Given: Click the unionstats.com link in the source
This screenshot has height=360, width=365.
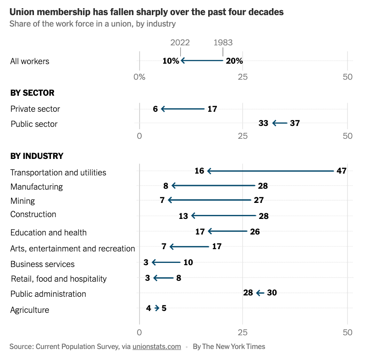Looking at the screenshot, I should (156, 347).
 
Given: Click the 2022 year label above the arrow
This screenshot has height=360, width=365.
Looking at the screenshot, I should (180, 43).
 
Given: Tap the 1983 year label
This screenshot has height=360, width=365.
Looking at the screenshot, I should (223, 43).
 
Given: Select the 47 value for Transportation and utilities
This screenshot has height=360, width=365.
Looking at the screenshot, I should (341, 171).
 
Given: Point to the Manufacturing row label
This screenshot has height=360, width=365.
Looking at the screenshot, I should (37, 187).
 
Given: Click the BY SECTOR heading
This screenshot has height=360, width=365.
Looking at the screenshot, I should (32, 93).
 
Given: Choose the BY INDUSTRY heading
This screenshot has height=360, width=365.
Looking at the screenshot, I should (37, 156).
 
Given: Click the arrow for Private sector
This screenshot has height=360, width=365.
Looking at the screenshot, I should (182, 109).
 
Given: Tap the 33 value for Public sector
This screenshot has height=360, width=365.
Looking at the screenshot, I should (263, 123).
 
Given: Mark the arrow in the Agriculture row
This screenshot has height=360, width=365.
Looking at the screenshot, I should (157, 308).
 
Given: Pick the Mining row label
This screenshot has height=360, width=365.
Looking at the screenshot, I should (22, 201).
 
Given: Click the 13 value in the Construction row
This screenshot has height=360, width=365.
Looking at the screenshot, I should (183, 216).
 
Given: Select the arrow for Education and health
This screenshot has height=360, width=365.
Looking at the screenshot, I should (227, 231).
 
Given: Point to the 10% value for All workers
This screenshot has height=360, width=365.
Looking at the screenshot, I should (171, 61).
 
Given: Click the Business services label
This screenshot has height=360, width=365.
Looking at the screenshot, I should (42, 264).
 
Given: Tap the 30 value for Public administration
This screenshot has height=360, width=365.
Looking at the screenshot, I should (272, 293).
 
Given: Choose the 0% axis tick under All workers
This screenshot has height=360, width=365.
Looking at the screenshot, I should (139, 77).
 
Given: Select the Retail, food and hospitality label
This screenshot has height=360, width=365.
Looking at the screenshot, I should (59, 279).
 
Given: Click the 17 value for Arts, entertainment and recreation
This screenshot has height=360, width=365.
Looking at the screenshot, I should (217, 246).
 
